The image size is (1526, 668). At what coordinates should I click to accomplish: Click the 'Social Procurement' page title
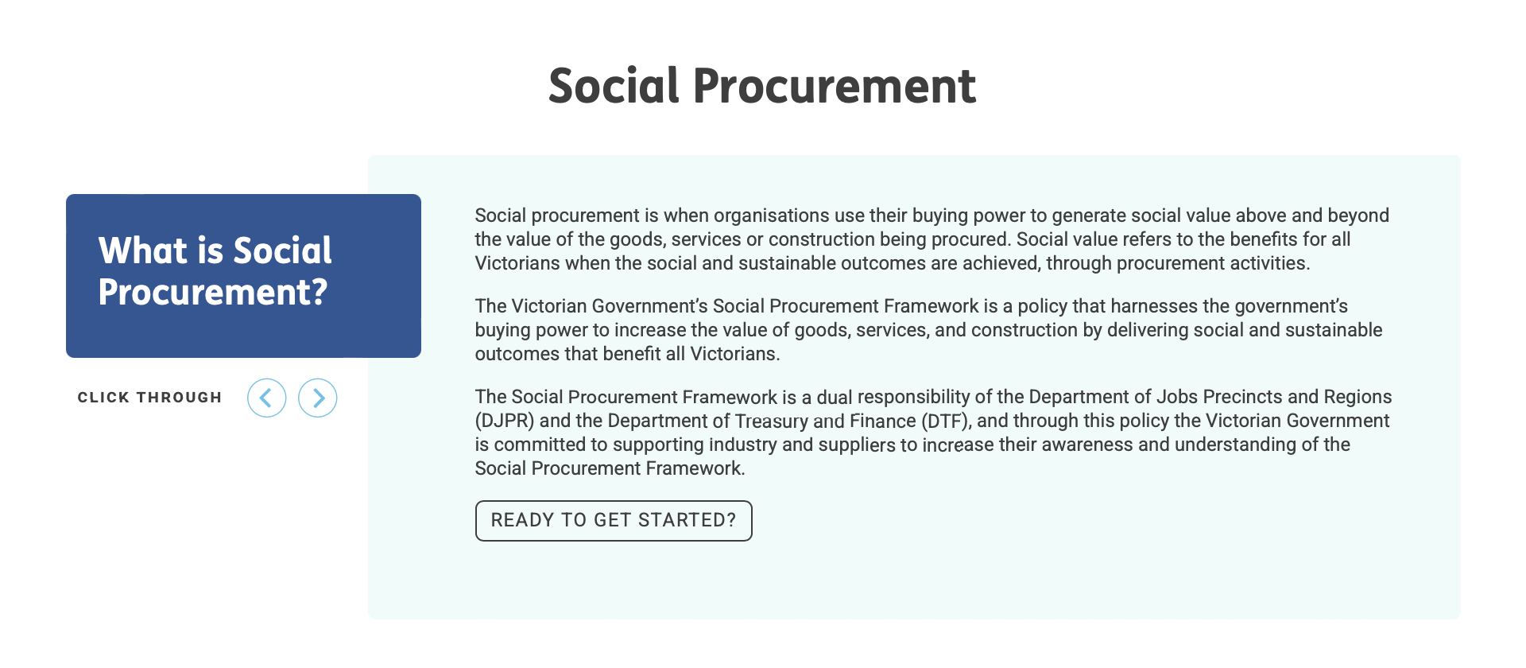(x=761, y=86)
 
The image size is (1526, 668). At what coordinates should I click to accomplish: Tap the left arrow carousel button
(x=267, y=398)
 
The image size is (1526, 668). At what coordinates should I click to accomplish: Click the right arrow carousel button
(x=318, y=398)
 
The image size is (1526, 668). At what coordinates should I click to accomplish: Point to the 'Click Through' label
(x=149, y=398)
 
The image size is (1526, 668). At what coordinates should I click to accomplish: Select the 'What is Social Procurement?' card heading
(x=215, y=271)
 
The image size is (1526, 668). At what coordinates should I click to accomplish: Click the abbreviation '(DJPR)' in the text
(x=504, y=421)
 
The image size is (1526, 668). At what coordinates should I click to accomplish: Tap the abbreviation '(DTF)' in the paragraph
(x=946, y=421)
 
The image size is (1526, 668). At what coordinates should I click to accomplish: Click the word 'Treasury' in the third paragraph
(x=770, y=421)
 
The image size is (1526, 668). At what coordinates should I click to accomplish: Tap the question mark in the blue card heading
(x=319, y=293)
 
